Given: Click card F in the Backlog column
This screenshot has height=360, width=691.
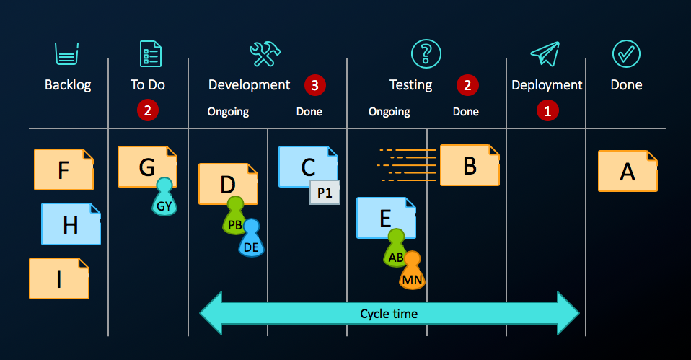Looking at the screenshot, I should coord(63,170).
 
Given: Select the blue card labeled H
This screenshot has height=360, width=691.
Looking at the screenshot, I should coord(70,224).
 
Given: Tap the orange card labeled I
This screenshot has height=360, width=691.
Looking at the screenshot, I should coord(58,278).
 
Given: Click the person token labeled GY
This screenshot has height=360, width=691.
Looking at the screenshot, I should coord(164,199).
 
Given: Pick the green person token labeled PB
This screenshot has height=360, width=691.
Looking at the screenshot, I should coord(235,218).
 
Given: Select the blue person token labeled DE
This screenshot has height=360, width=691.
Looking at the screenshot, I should coord(251,240).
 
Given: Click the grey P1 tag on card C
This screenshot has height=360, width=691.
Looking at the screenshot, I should coord(325,193).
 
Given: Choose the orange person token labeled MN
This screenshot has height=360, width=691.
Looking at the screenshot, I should coord(412,272).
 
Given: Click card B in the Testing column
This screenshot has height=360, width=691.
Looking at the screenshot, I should coord(470,166).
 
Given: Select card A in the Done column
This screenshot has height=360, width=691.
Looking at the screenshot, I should coord(628,171).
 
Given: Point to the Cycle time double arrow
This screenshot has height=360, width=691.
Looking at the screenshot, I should coord(389,314).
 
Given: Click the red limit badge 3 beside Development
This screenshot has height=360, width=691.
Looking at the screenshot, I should coord(314,85).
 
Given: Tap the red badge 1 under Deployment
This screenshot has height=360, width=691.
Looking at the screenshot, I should coord(547,111).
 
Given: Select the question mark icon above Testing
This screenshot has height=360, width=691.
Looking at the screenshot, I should coord(426,54).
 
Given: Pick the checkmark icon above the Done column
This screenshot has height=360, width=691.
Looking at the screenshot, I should coord(626,54).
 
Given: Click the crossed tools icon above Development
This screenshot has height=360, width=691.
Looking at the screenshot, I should coord(265,54).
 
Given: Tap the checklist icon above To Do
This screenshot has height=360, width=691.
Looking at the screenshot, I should coord(150,54).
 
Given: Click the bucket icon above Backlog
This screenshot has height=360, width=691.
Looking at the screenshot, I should coord(66,54).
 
